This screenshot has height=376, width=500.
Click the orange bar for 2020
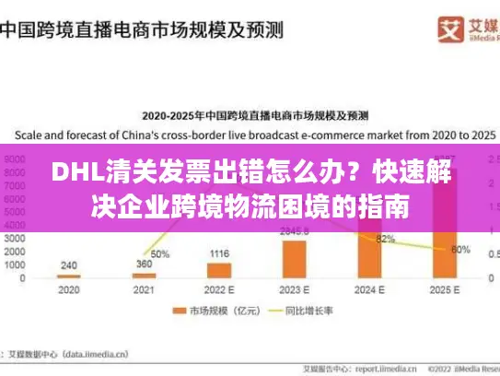point(69,276)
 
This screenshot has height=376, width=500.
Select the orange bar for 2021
point(144,275)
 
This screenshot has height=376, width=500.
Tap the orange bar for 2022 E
point(219,270)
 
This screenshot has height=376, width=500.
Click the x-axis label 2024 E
point(369,288)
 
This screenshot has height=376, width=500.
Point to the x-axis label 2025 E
point(444,288)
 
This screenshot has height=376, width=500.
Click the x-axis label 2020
point(69,288)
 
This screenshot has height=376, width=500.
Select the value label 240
point(69,264)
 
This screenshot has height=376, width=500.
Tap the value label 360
point(145,264)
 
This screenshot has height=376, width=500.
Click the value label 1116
point(219,253)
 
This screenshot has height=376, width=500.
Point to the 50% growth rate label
point(160,253)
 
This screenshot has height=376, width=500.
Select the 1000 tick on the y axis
point(17,264)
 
